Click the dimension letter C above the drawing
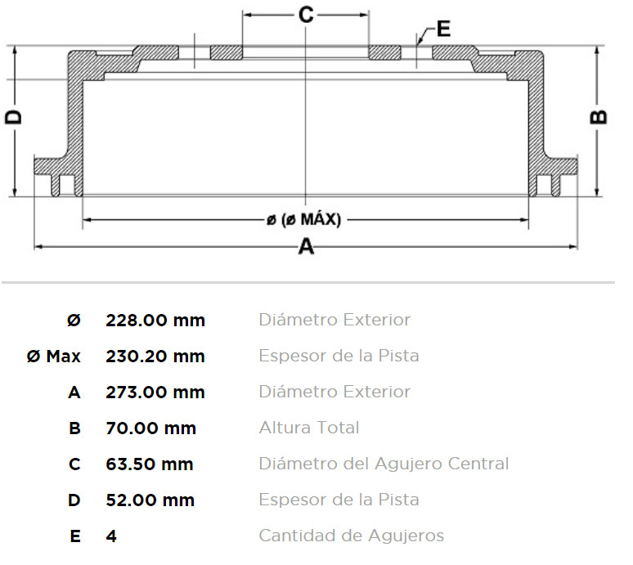306,15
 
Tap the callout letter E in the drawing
443,29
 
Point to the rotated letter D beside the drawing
13,117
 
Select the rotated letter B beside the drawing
599,117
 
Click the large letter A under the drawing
306,246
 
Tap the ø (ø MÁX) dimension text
304,220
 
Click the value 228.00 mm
155,321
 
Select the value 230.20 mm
155,356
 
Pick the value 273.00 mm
155,392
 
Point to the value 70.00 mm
151,428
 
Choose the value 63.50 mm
150,464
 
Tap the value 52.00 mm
150,500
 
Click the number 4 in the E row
111,536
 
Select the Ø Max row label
54,356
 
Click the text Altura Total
309,428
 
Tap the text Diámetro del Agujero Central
384,464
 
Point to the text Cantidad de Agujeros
352,536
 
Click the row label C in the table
74,464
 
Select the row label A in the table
74,392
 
